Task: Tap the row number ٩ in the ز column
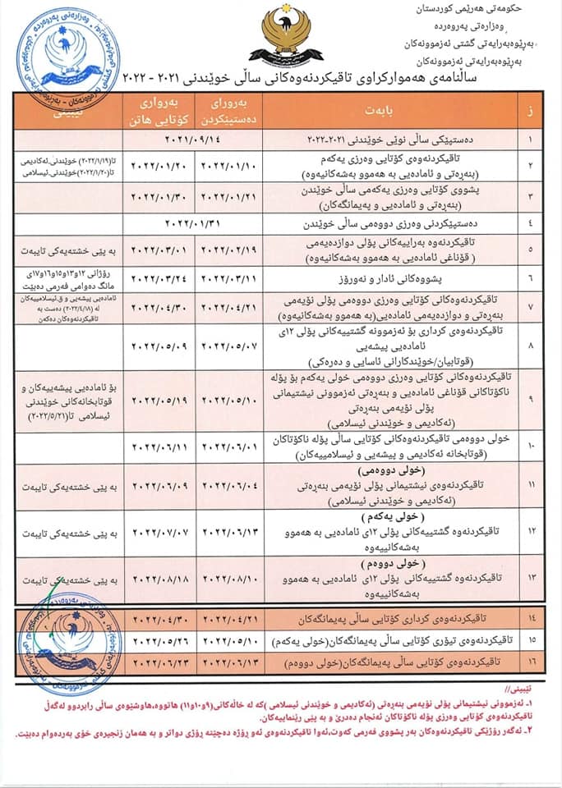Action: [x=530, y=399]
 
